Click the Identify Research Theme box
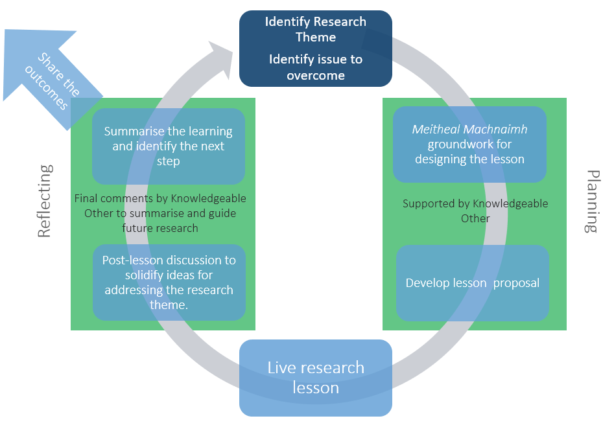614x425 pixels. click(x=316, y=49)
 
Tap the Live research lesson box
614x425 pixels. click(x=316, y=378)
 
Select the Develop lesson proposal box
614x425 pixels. click(x=473, y=283)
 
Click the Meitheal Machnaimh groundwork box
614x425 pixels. click(x=469, y=144)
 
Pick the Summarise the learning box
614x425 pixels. click(x=168, y=146)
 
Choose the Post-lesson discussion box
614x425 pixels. click(x=169, y=282)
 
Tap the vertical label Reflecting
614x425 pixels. click(x=44, y=201)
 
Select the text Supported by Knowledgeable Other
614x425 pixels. click(x=475, y=211)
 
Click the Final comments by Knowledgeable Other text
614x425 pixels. click(x=160, y=213)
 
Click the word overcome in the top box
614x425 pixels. click(x=316, y=75)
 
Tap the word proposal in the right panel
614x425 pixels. click(x=516, y=283)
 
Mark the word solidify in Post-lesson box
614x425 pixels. click(x=157, y=275)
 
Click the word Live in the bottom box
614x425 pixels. click(x=281, y=368)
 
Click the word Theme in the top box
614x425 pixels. click(x=316, y=37)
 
